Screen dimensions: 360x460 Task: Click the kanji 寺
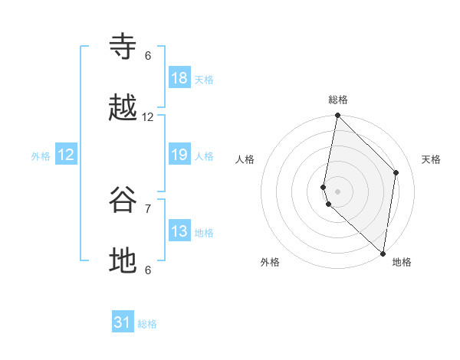(123, 47)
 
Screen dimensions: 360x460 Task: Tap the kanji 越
(123, 109)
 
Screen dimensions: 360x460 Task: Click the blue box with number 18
(179, 77)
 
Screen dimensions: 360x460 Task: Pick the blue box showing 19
(179, 155)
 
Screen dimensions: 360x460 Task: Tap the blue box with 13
(179, 231)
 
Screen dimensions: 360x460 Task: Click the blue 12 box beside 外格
(66, 155)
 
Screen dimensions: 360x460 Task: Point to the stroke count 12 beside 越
(148, 117)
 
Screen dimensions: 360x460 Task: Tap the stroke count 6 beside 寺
(148, 56)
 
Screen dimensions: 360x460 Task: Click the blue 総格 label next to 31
(147, 324)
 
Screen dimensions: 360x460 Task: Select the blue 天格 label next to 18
(204, 79)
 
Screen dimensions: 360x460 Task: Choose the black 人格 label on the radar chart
(245, 159)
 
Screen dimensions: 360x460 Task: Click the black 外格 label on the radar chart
(270, 262)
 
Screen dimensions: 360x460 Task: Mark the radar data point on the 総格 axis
(337, 116)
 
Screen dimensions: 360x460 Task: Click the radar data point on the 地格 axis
(383, 254)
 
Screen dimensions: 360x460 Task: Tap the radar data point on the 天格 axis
(396, 172)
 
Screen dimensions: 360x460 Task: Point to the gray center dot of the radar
(337, 191)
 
